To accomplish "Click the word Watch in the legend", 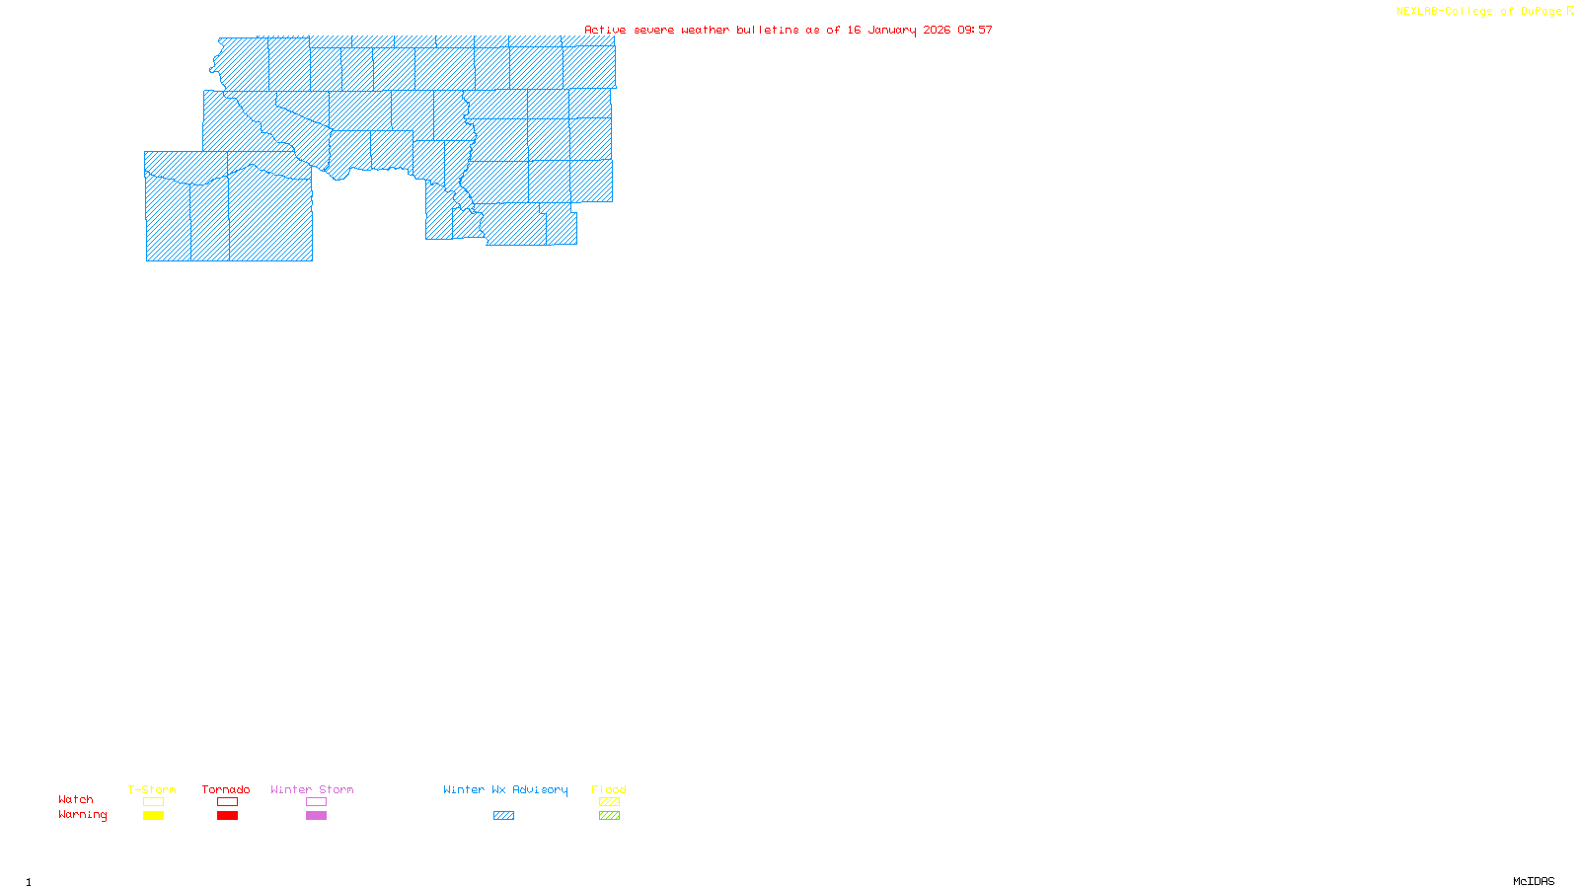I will click(x=76, y=800).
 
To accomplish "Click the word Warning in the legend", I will click(x=83, y=815).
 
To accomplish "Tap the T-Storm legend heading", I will click(x=152, y=789).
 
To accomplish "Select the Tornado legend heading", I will click(x=226, y=789).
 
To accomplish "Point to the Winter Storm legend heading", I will click(x=312, y=789).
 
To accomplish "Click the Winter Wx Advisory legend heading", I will click(x=505, y=789).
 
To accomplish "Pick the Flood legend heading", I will click(x=609, y=789).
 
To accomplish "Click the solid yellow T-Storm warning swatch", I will click(x=153, y=816).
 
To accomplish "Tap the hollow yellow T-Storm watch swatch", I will click(x=153, y=802).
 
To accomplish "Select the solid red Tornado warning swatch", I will click(x=228, y=816).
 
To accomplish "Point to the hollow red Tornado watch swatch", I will click(x=228, y=802).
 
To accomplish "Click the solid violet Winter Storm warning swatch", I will click(x=316, y=816).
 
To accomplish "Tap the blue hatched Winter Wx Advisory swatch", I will click(x=503, y=816).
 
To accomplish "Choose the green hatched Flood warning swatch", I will click(x=610, y=816).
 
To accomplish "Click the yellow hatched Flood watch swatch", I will click(x=610, y=802).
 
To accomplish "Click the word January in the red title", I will click(x=892, y=31).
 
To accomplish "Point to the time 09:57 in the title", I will click(x=975, y=31).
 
